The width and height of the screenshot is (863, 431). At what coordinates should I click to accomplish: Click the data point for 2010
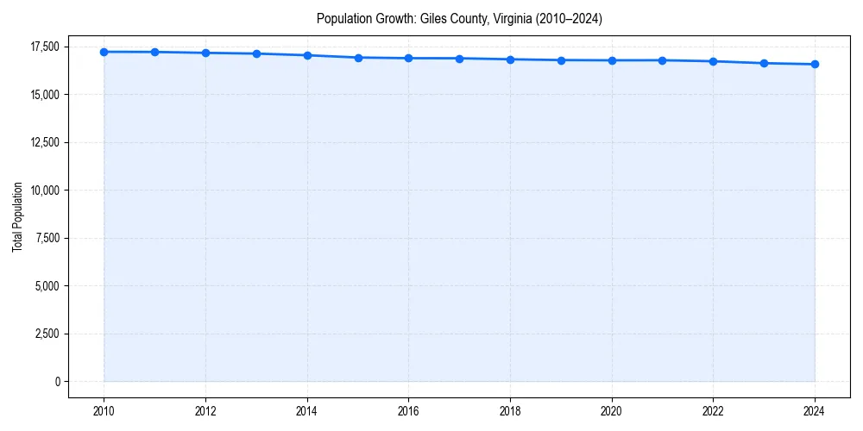pos(104,52)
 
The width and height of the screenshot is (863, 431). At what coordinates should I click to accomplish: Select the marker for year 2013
pos(256,53)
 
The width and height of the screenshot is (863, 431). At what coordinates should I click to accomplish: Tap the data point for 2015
pos(358,58)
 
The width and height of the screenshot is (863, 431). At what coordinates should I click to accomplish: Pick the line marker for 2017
pos(459,59)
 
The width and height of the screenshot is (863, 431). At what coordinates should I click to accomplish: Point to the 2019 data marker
pos(561,60)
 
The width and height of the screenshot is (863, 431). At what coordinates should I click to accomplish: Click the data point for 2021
pos(662,60)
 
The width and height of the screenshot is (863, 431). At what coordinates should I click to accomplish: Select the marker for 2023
pos(764,63)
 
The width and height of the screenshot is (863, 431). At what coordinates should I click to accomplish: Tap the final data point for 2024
pos(815,64)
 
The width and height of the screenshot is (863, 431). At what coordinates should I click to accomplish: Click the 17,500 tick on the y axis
pos(46,47)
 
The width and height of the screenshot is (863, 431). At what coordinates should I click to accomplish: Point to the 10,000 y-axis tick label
pos(46,190)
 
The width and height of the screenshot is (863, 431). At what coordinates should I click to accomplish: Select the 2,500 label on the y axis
pos(48,334)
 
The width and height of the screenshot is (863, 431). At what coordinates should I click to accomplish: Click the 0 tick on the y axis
pos(57,381)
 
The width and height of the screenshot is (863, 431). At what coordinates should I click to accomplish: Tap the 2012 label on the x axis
pos(205,410)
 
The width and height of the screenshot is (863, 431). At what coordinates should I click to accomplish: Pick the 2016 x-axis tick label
pos(408,410)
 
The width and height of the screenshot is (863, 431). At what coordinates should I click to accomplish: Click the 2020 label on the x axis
pos(612,410)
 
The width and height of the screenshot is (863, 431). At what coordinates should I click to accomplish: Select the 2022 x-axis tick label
pos(713,410)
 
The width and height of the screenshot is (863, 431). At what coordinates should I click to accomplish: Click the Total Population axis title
pos(17,216)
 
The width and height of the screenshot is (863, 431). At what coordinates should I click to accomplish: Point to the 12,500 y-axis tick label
pos(46,142)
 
